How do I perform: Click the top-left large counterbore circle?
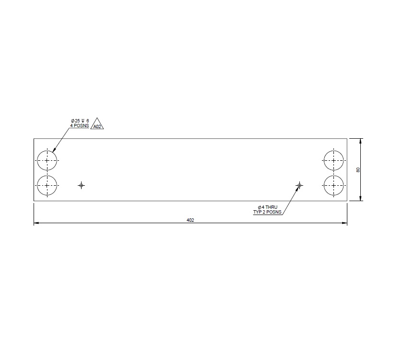(x=47, y=160)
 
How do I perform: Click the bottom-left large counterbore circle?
(x=47, y=185)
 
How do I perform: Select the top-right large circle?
(x=334, y=160)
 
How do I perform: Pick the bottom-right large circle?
(x=334, y=185)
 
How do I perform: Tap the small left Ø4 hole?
(x=81, y=185)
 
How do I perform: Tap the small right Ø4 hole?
(x=299, y=185)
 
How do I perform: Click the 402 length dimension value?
(x=190, y=220)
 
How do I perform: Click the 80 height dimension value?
(x=358, y=170)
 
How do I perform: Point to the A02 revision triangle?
(x=97, y=125)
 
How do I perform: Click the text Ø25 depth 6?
(x=80, y=120)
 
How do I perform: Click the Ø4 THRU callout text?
(x=268, y=207)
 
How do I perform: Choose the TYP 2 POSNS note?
(x=268, y=212)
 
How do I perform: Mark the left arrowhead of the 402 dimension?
(x=36, y=223)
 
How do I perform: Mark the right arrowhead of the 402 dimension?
(x=344, y=223)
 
